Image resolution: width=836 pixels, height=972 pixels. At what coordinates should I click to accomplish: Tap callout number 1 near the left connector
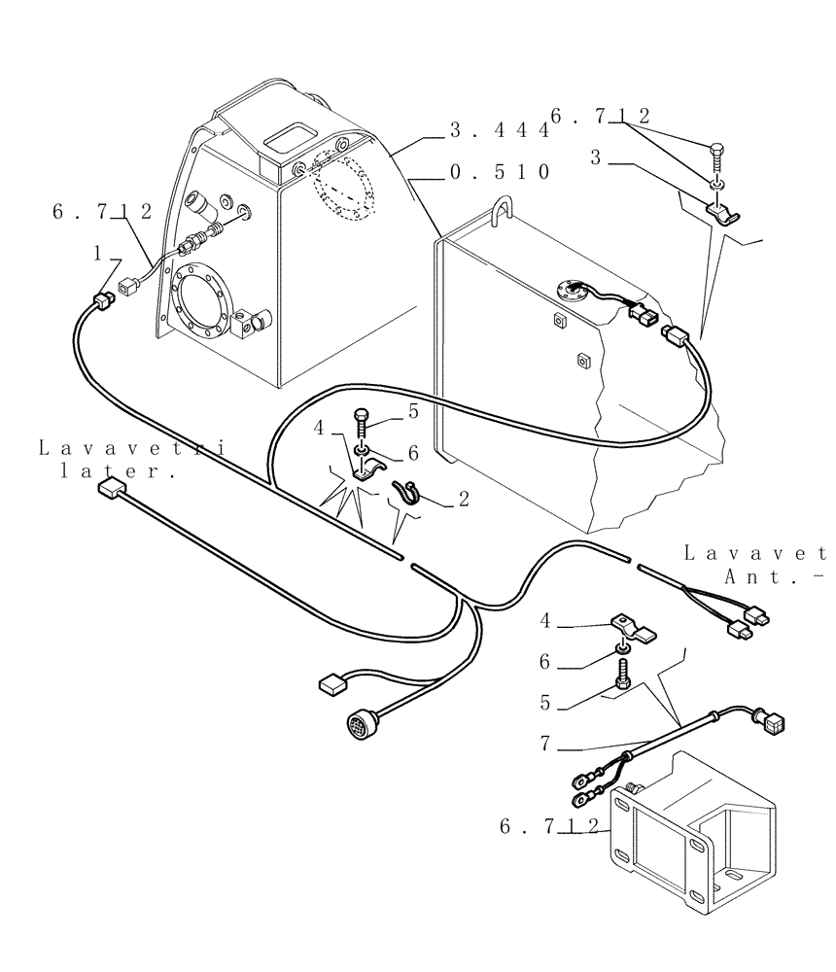point(97,254)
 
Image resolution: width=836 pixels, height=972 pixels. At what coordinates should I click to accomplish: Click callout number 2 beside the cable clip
point(464,500)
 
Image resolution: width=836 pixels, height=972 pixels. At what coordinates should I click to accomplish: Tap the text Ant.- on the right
point(775,575)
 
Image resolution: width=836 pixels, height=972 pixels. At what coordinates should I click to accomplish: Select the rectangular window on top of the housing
point(291,137)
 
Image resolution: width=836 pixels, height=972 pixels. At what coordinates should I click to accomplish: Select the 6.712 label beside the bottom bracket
point(549,826)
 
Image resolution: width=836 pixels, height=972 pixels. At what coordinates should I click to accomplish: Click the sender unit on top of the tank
point(570,289)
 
